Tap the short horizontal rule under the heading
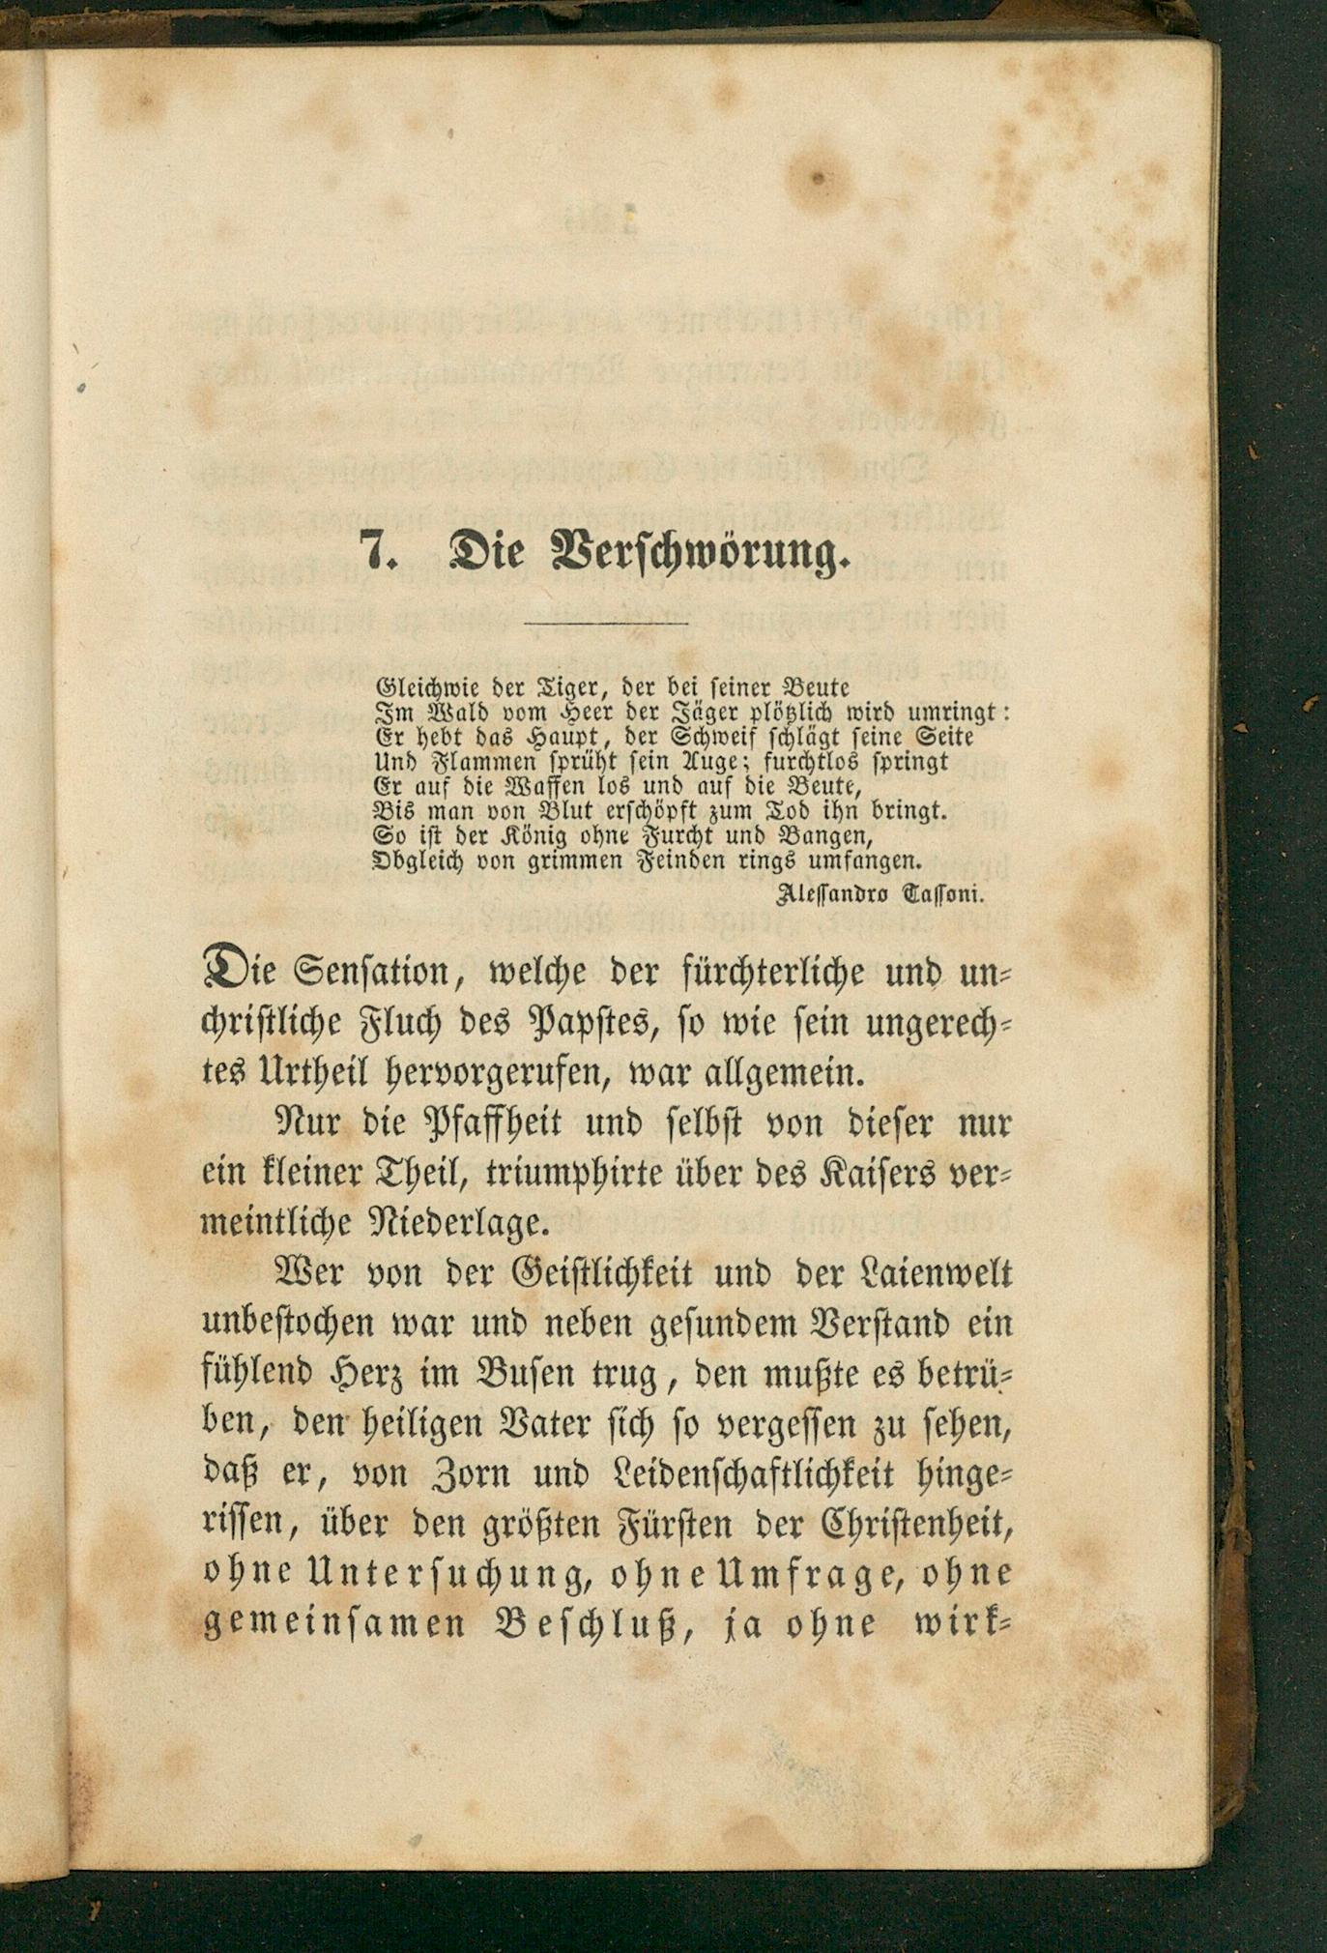click(605, 623)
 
